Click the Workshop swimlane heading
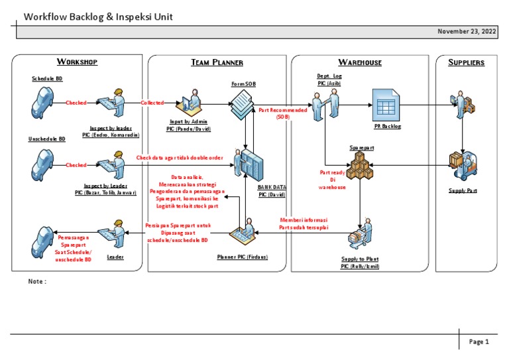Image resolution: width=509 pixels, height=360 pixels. click(77, 62)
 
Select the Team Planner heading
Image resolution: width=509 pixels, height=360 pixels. click(217, 62)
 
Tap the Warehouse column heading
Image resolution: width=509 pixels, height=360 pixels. click(360, 62)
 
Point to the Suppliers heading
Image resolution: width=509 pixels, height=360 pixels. click(466, 62)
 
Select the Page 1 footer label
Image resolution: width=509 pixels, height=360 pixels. click(479, 342)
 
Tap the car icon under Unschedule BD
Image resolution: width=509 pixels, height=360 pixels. click(44, 164)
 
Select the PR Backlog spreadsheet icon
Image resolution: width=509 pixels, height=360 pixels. click(386, 104)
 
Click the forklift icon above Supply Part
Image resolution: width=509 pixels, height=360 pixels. click(462, 166)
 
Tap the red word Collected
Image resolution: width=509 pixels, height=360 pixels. click(152, 103)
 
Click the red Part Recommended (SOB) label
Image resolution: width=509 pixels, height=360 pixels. click(283, 113)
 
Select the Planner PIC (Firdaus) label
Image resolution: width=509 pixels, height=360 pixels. click(243, 257)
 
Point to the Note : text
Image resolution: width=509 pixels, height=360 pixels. click(38, 281)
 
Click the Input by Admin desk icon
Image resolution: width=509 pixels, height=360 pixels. click(190, 101)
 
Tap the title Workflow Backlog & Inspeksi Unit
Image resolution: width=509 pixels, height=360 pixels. click(98, 17)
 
